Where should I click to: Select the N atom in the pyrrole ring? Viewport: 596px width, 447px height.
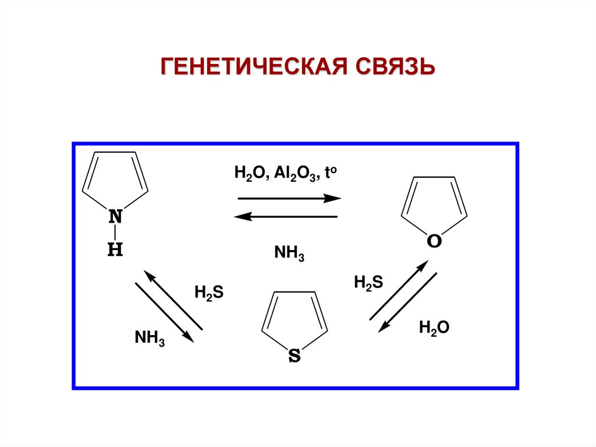(116, 217)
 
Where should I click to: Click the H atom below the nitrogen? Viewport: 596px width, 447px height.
(115, 250)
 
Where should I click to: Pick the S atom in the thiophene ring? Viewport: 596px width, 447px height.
(295, 356)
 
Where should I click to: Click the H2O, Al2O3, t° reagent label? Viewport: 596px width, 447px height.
(285, 173)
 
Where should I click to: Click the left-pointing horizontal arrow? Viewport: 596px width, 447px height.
(286, 217)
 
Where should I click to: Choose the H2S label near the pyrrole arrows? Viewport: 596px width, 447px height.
(209, 293)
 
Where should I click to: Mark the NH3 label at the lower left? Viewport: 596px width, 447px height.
(150, 338)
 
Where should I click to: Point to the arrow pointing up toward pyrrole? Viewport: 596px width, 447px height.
(173, 300)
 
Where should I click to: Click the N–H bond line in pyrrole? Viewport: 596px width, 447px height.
(116, 233)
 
